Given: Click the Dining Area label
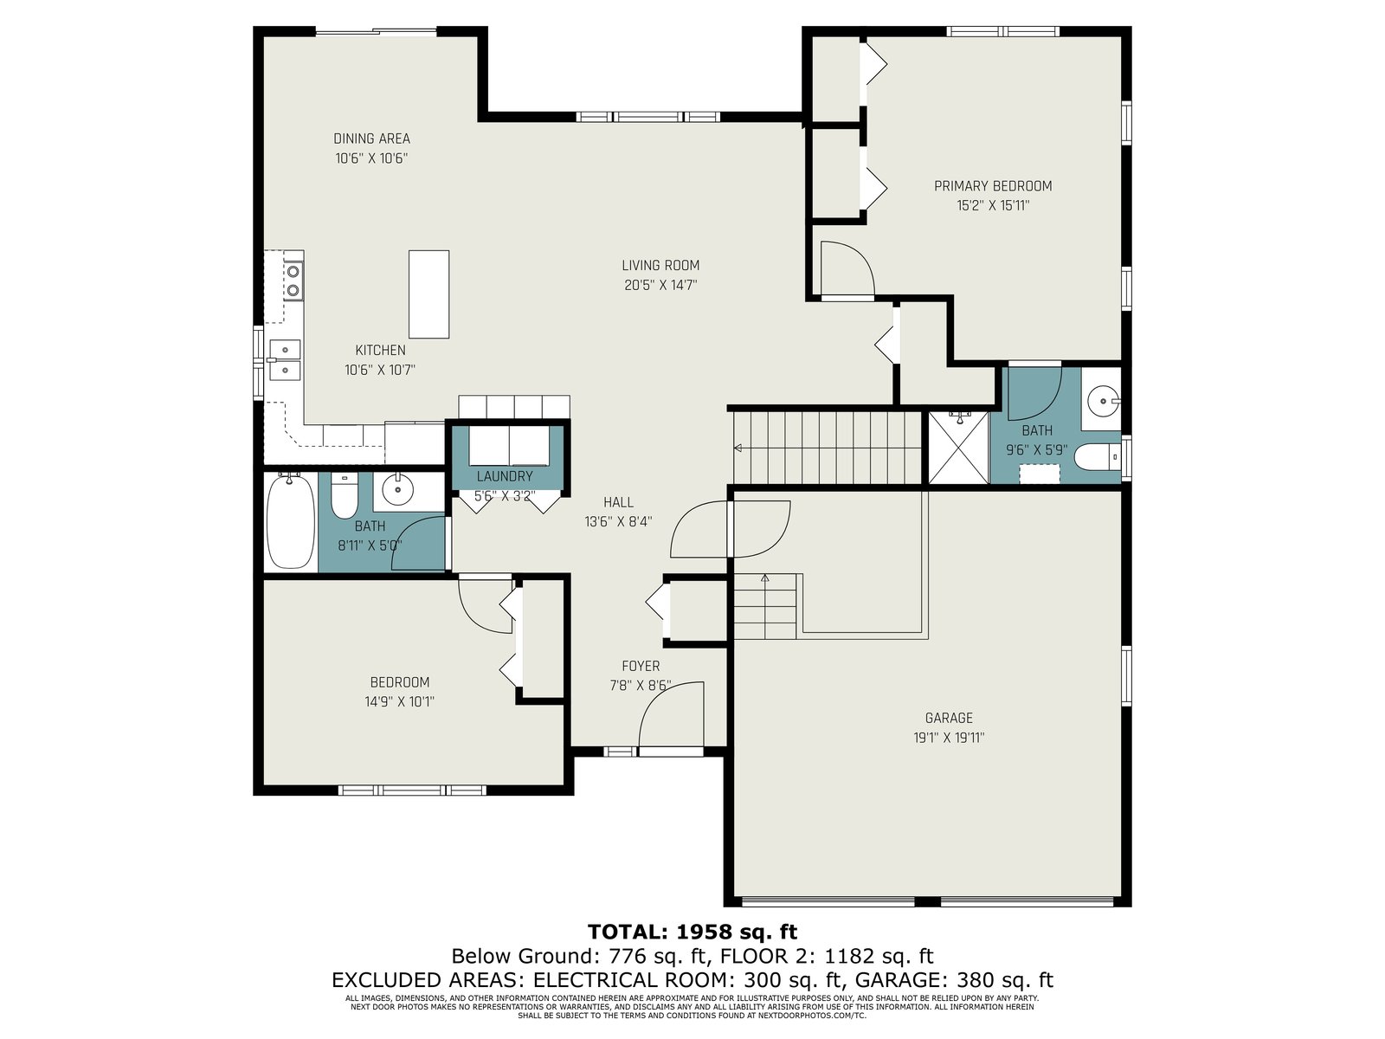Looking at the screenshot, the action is pos(371,139).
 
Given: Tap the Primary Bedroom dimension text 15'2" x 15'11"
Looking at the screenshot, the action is pos(993,205).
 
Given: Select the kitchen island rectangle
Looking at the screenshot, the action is pos(429,294).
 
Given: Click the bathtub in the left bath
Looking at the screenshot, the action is pos(290,521).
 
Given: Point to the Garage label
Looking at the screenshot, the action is pos(949,717).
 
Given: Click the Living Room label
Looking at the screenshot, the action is pos(660,265).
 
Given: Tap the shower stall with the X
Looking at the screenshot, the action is pos(958,448).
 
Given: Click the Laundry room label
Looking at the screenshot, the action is pos(505,476).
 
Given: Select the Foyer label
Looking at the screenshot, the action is pos(641,666).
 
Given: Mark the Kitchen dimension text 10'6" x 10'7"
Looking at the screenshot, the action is pos(380,370).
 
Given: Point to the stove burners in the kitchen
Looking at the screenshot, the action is pos(293,281).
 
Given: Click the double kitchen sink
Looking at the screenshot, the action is pos(285,359).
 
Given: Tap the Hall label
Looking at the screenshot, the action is pos(618,502).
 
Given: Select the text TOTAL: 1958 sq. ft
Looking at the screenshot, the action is pos(692,931).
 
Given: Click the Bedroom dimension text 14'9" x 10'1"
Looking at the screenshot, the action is pos(399,700).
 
